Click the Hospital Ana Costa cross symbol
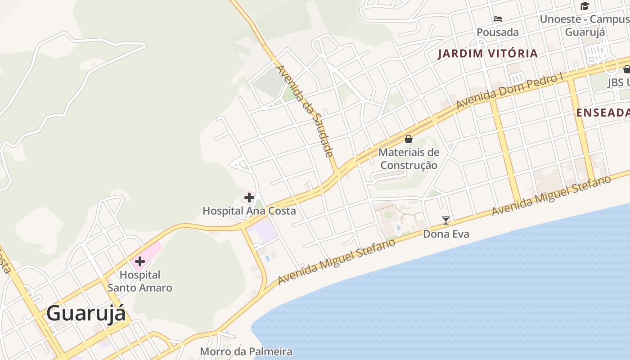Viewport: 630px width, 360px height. (249, 197)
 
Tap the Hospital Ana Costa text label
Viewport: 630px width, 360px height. (249, 211)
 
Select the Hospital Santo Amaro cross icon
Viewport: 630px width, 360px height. (139, 261)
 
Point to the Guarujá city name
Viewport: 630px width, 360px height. (86, 313)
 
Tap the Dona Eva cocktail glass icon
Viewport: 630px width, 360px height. (445, 220)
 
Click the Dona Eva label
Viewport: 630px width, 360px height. (446, 234)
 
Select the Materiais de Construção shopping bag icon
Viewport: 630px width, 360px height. (409, 139)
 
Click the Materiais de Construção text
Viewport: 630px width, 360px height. (409, 159)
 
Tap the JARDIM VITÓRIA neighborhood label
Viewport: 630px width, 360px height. (488, 54)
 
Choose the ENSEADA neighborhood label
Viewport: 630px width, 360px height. (603, 113)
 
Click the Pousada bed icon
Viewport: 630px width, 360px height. (497, 19)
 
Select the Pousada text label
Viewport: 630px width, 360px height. (497, 32)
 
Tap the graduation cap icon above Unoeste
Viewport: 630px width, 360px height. (585, 6)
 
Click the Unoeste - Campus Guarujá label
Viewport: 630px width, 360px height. (585, 26)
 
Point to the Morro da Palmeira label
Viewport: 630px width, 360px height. (246, 351)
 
